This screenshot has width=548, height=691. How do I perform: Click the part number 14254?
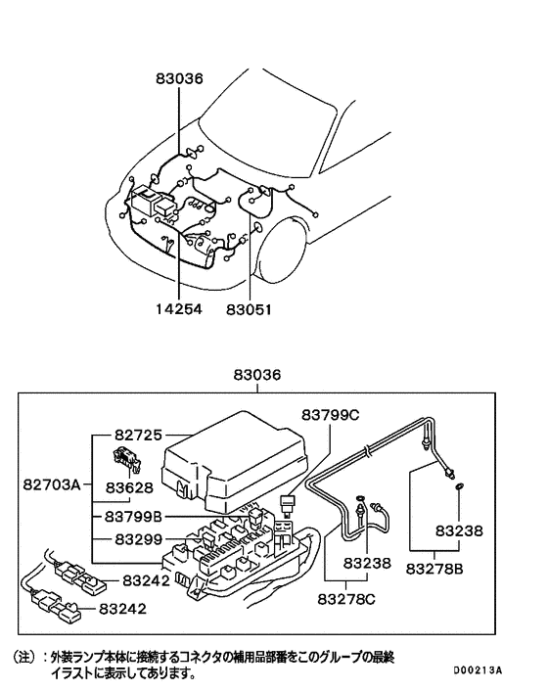180,310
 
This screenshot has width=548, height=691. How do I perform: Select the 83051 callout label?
248,310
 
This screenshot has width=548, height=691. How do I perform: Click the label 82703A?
54,484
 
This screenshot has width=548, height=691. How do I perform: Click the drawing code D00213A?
477,670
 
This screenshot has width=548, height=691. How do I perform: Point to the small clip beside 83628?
123,456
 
